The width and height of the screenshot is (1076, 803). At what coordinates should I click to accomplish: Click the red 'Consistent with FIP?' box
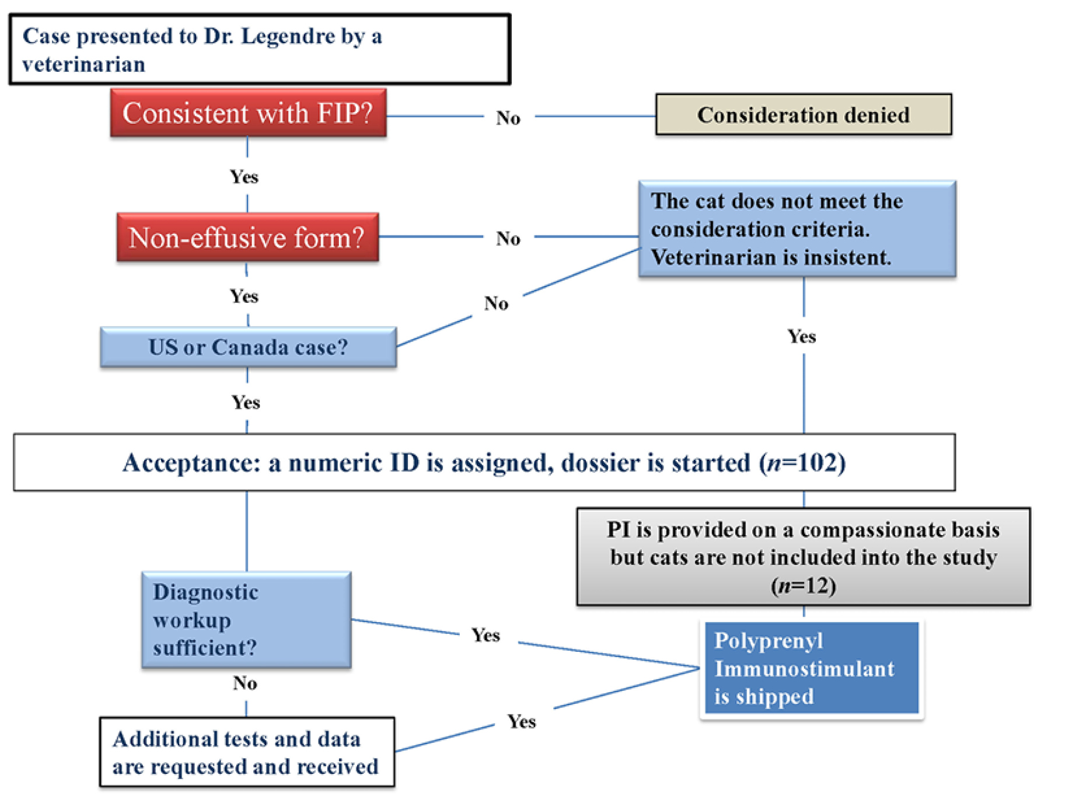248,113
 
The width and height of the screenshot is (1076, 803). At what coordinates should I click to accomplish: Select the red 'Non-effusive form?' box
247,238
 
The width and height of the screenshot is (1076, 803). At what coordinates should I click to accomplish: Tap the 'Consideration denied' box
803,115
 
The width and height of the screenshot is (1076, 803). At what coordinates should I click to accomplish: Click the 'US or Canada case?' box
248,347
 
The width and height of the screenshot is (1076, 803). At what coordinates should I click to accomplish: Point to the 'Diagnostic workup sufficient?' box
246,620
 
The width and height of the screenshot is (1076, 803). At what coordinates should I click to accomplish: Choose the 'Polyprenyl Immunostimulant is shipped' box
811,668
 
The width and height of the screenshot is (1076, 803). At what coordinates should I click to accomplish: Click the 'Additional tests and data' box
246,752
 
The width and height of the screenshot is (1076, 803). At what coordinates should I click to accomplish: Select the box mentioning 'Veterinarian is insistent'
796,229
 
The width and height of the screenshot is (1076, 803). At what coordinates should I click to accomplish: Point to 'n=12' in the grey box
803,585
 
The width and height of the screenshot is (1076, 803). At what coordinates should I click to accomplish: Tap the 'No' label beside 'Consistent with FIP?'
508,118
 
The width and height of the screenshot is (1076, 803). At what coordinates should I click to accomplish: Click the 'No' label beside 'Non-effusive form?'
508,239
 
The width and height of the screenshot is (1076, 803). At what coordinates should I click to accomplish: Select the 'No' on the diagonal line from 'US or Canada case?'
496,303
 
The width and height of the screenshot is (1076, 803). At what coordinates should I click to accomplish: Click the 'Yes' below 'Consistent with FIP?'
244,177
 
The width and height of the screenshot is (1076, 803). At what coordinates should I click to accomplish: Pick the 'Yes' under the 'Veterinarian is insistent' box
802,337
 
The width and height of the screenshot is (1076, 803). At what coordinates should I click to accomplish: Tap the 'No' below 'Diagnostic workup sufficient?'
245,683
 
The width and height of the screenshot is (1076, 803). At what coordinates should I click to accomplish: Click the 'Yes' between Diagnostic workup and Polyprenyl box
485,635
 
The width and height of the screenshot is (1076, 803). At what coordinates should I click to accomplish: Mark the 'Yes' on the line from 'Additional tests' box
521,722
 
